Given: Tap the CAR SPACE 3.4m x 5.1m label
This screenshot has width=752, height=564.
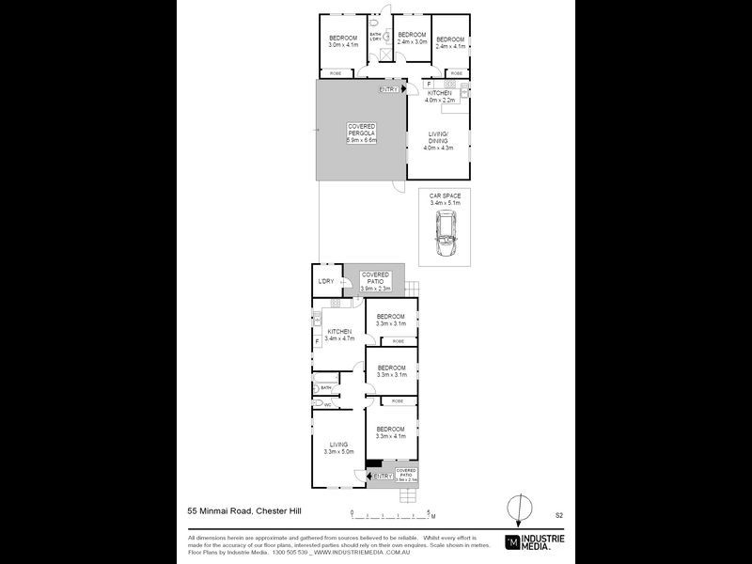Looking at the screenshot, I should click(445, 198).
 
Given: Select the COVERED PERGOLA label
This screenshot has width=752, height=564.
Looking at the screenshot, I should click(362, 133).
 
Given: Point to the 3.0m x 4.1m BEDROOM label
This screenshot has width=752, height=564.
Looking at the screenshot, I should click(344, 41).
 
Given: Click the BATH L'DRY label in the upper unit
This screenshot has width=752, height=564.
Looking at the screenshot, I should click(375, 37).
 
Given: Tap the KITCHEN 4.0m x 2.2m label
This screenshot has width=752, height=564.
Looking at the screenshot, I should click(439, 96).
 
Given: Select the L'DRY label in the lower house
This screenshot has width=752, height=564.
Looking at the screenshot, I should click(326, 281).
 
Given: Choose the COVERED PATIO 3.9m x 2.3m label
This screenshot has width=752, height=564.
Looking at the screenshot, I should click(375, 281).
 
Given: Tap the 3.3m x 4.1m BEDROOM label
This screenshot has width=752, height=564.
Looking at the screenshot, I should click(390, 432).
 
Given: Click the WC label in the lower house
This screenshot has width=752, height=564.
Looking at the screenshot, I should click(328, 405).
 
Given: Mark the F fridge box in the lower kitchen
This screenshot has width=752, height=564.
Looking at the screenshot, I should click(317, 340).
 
